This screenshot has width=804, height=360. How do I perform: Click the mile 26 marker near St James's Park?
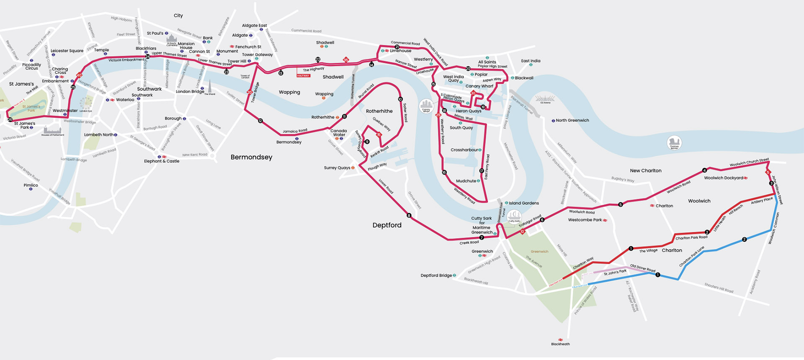point(10,120)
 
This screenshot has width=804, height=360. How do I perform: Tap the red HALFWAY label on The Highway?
point(303,76)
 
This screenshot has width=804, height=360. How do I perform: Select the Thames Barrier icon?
point(674,142)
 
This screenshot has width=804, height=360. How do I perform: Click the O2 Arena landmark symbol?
point(545,99)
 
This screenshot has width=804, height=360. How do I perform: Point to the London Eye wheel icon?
point(86,103)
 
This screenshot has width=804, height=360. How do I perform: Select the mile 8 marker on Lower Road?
point(409,216)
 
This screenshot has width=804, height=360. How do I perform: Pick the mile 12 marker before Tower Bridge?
point(260,121)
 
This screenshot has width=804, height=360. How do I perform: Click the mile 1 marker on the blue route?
point(658,275)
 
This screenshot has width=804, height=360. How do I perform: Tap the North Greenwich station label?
point(572,121)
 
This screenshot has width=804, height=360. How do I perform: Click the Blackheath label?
point(560,344)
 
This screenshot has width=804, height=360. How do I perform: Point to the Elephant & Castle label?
point(162,161)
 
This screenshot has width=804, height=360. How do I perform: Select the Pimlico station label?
point(31,185)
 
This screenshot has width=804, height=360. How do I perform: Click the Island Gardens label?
point(523,203)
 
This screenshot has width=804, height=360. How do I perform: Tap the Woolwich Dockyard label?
point(723,178)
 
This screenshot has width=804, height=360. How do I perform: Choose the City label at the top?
point(178,15)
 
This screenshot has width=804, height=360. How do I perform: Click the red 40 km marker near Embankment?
point(79,75)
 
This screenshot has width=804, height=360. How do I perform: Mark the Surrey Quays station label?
point(337,168)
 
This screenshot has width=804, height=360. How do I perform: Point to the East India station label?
point(531,61)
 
